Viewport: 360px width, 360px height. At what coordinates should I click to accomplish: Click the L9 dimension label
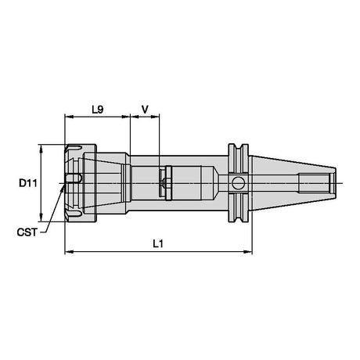pos(98,110)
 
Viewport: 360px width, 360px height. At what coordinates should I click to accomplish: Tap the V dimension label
pos(145,110)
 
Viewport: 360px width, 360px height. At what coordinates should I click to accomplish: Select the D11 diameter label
pos(28,183)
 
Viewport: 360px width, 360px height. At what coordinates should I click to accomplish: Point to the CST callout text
pos(27,232)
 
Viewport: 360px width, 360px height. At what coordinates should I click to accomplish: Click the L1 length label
pos(158,244)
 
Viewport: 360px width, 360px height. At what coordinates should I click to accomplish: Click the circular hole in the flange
pos(238,182)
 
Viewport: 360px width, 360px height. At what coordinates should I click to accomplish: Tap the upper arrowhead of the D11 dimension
pos(41,149)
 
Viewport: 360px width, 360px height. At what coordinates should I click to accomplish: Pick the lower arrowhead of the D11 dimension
pos(41,217)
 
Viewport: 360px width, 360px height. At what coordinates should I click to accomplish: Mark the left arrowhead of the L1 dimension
pos(69,252)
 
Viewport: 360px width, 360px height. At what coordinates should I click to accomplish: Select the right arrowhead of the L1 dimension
pos(248,252)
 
